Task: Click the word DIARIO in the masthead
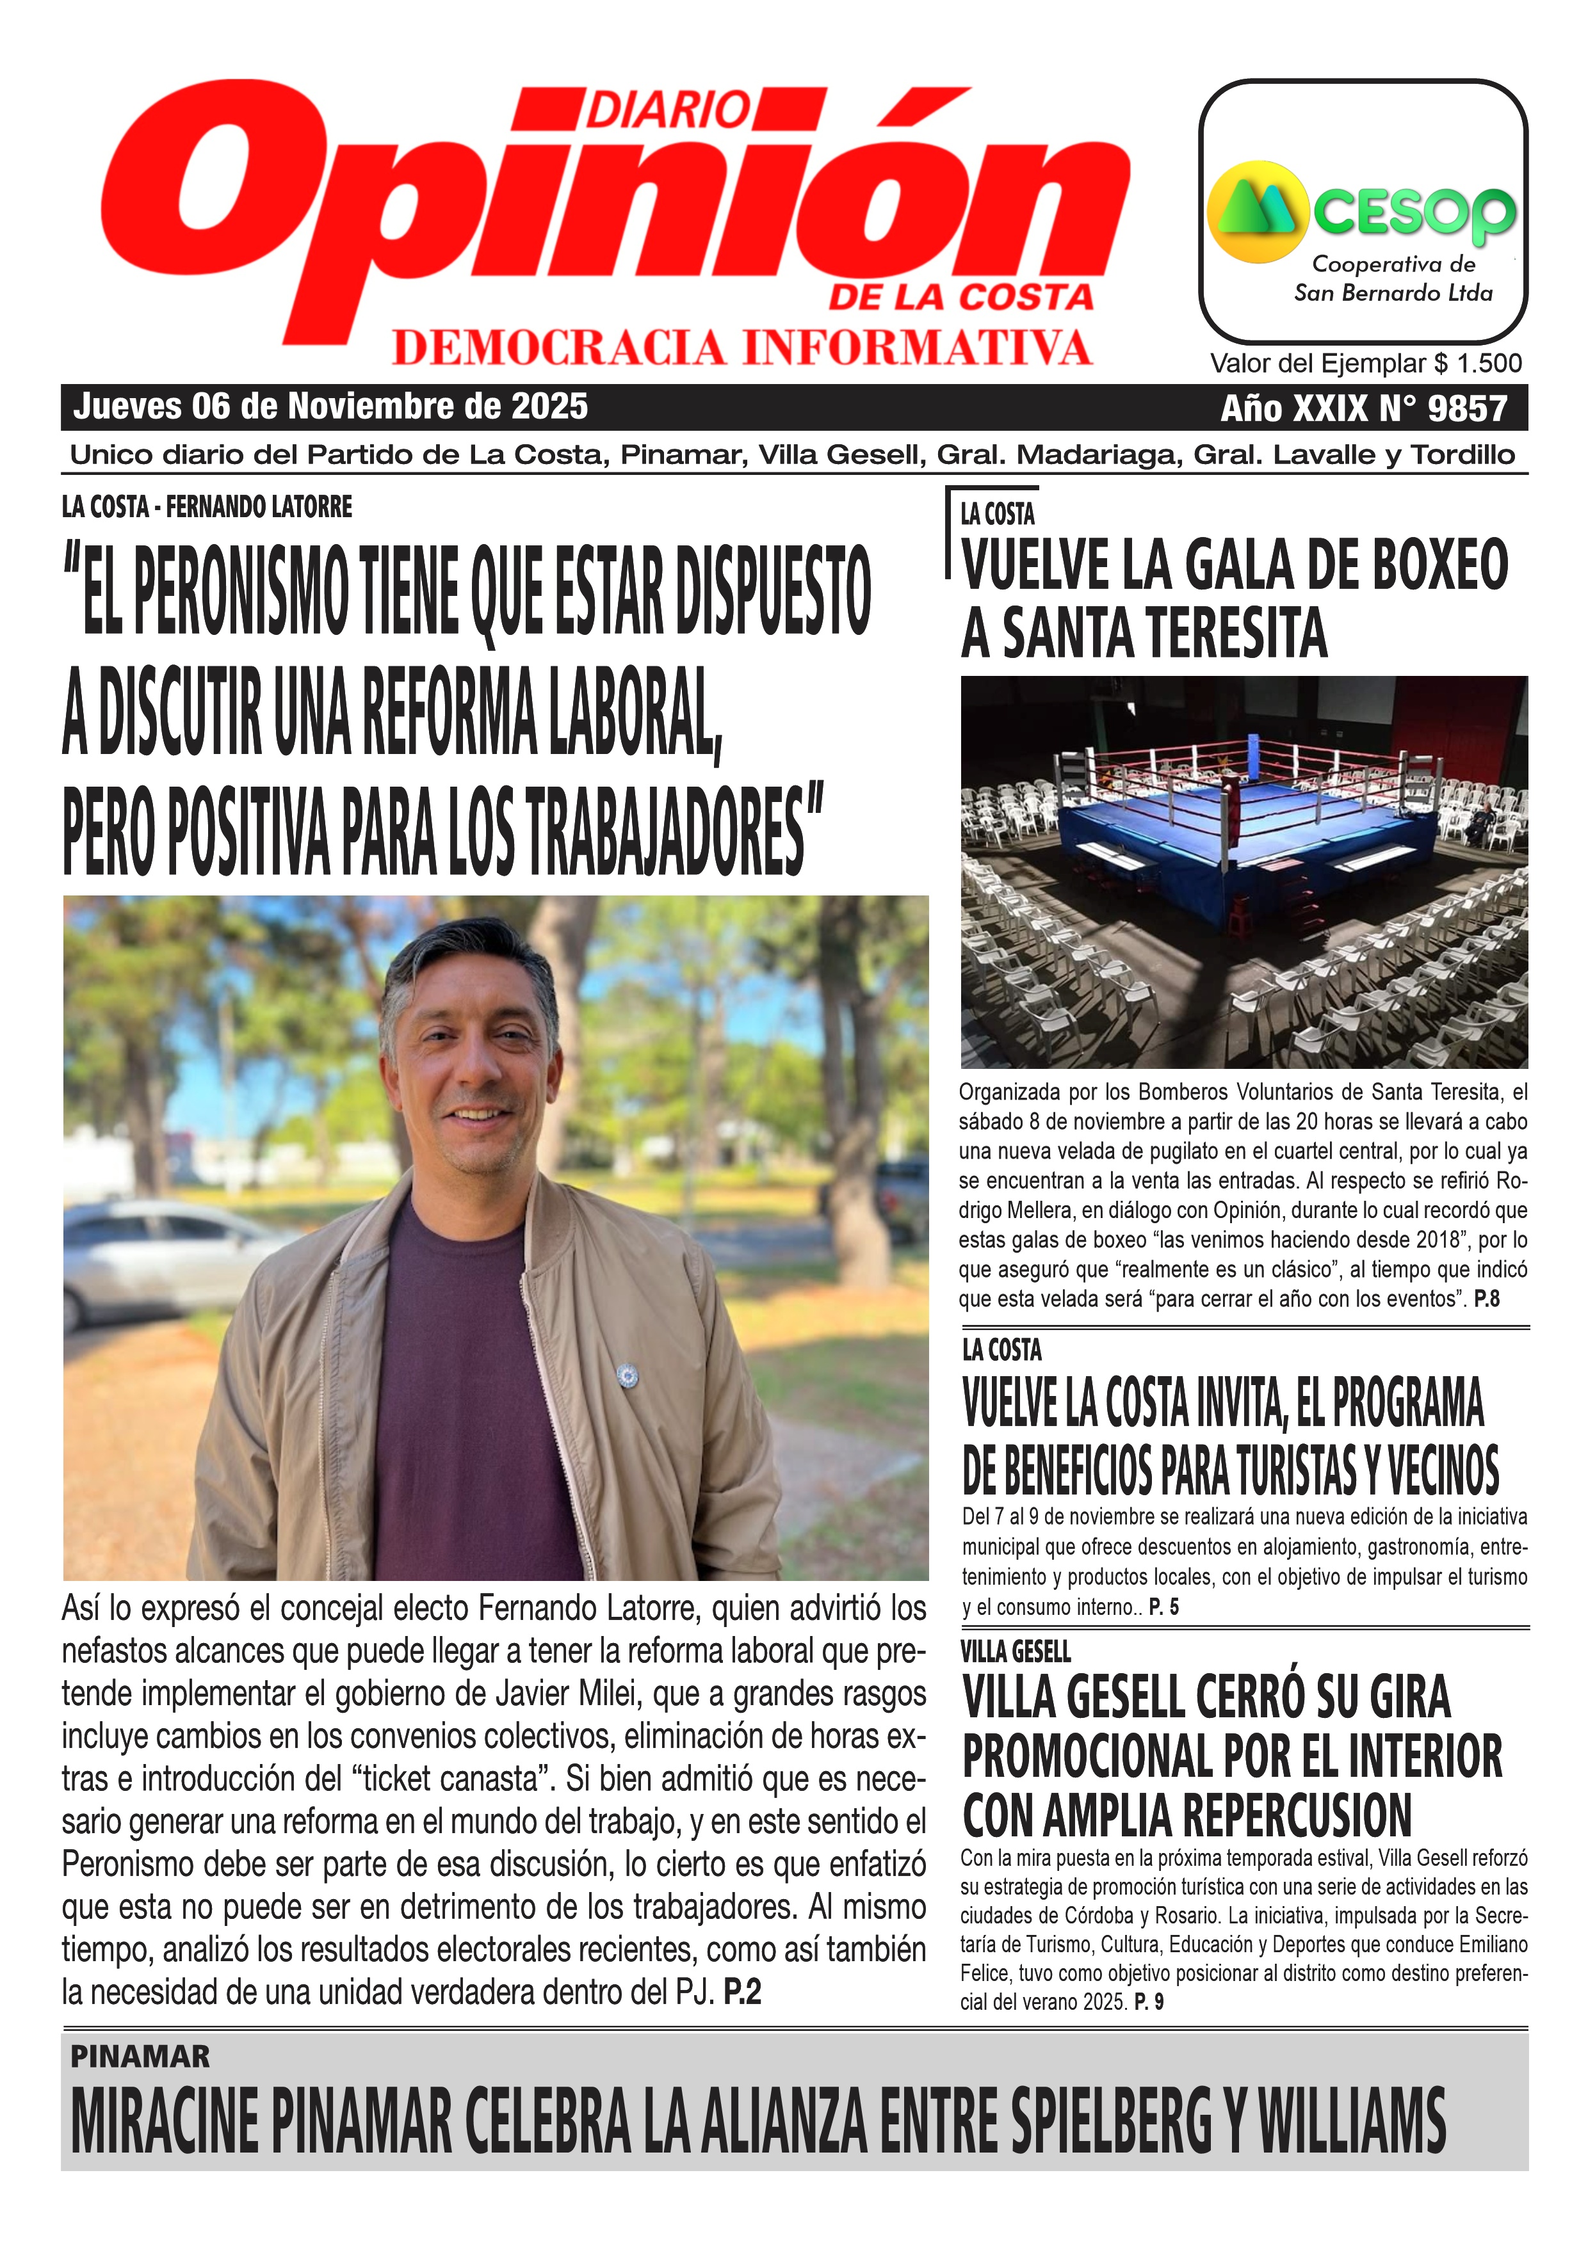(x=668, y=109)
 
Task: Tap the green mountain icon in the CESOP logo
(x=1258, y=211)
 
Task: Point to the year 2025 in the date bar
(x=553, y=406)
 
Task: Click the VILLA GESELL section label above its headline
(x=1016, y=1652)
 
